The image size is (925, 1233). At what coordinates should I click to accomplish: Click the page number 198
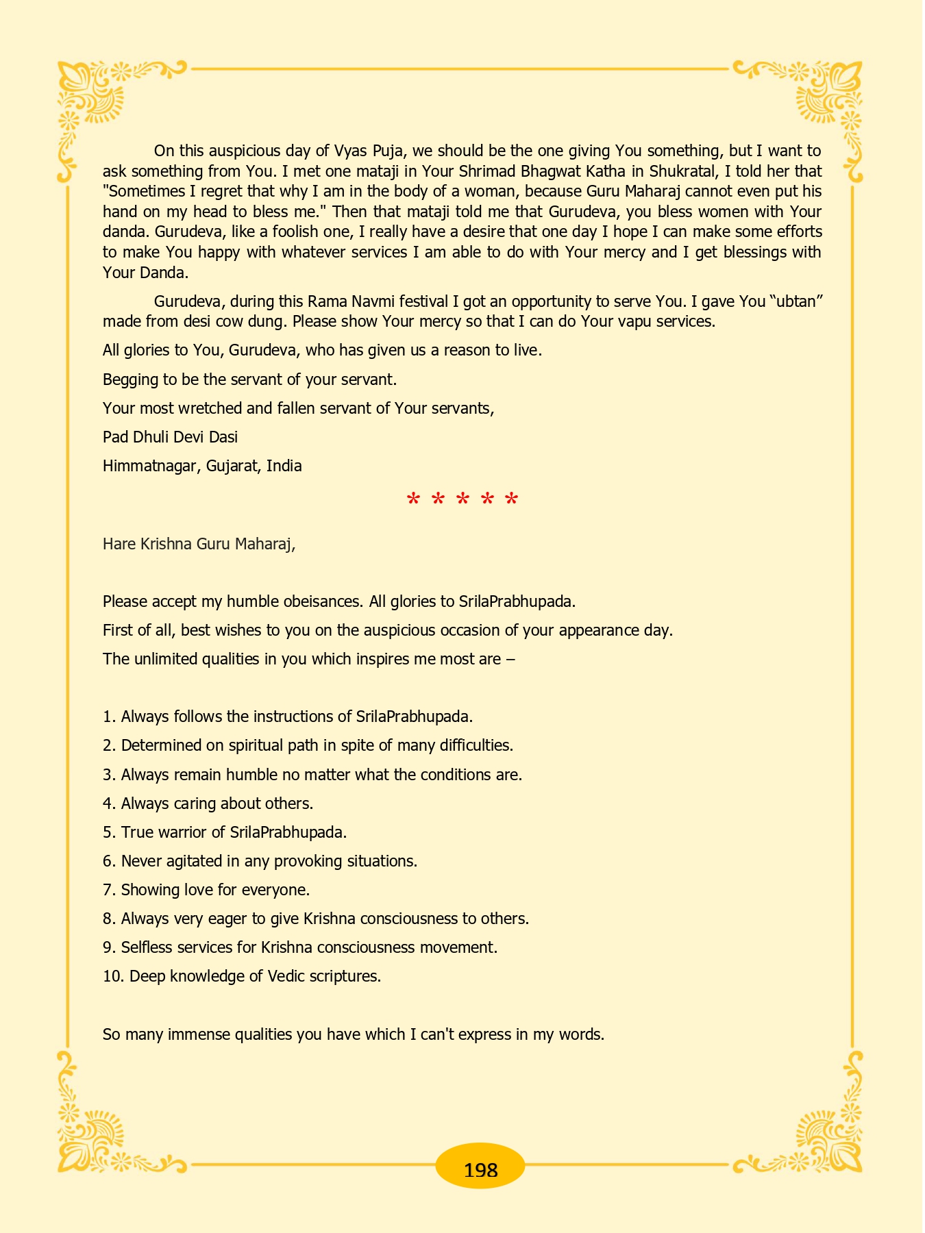pos(480,1170)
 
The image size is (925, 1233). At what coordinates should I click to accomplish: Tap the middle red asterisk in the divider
pos(463,500)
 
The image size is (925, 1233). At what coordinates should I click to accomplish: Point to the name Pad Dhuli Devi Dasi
pos(170,437)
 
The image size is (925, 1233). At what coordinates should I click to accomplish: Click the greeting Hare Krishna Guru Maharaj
pos(199,545)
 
